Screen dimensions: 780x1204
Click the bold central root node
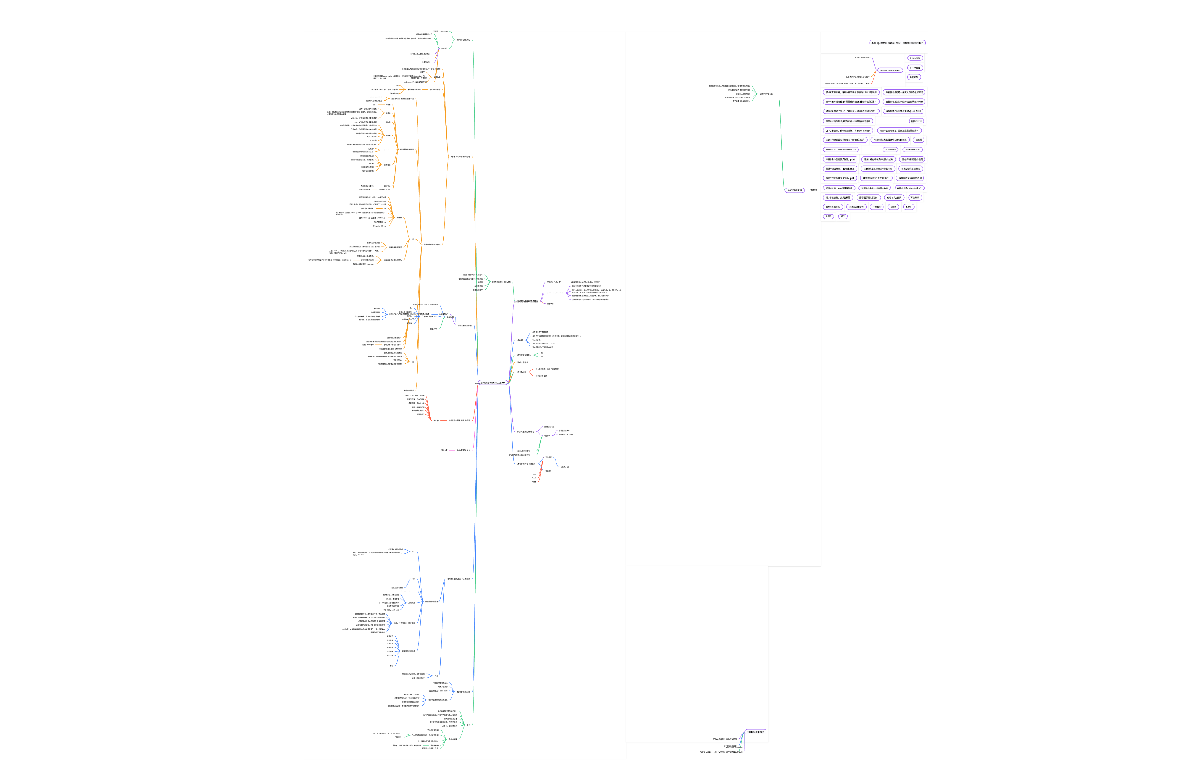coord(492,383)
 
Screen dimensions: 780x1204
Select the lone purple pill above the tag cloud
coord(898,43)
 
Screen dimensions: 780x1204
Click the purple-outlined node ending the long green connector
coord(794,190)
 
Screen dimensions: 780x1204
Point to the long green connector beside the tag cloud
coord(781,139)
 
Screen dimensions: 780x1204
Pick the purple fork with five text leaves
coord(564,293)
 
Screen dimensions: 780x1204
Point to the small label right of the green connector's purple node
coord(814,190)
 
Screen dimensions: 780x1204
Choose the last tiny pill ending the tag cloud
coord(843,216)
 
